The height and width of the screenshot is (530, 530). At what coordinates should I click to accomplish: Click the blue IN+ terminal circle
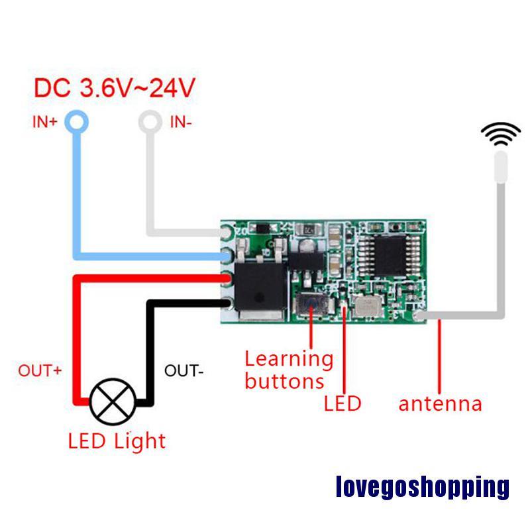pos(78,121)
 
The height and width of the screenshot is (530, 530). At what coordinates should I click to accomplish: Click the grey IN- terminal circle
pos(150,121)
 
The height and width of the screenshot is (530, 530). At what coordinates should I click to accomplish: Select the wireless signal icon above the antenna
pos(500,134)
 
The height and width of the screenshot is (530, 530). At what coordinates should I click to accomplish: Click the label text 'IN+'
pos(45,122)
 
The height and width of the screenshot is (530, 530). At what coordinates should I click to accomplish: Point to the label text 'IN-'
pos(181,122)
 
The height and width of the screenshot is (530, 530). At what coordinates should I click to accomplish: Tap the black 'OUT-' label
pos(183,370)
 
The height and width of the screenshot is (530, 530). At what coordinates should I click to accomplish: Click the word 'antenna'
pos(440,403)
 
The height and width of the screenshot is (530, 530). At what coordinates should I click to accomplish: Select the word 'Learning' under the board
pos(289,359)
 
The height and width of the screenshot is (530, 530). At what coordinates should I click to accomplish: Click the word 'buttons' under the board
pos(284,381)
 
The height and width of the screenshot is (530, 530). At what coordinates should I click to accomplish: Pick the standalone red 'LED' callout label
pos(343,403)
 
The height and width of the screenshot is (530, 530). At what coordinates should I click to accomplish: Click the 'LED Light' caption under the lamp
pos(117,441)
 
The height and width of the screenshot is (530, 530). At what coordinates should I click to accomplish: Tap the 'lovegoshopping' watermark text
pos(423,488)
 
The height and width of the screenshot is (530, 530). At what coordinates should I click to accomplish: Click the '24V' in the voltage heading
pos(172,87)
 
